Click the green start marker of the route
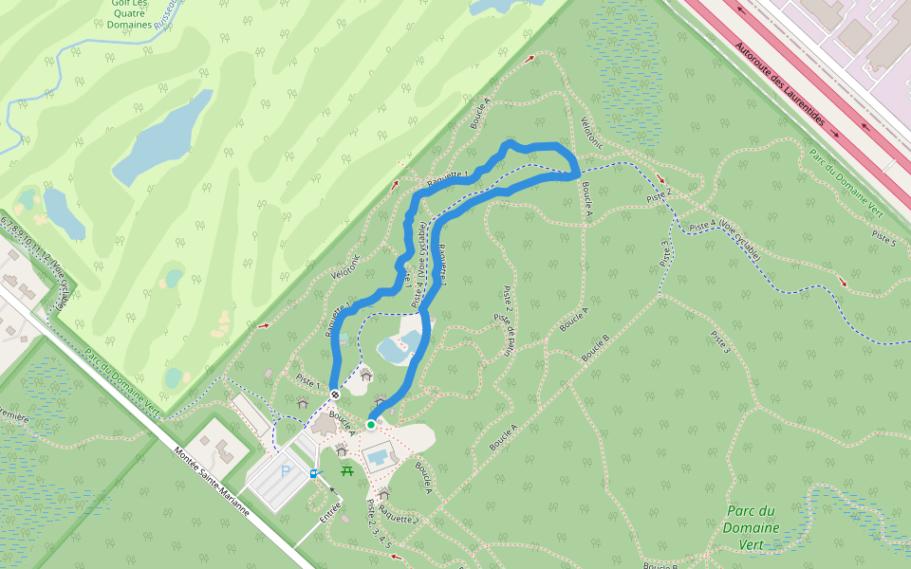pos(370,424)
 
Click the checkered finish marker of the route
pos(335,394)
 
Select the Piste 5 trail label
pos(883,237)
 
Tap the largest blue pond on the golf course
pos(164,137)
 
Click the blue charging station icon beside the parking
pos(314,472)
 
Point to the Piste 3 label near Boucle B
pos(720,343)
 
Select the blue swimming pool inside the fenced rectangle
pos(378,457)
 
